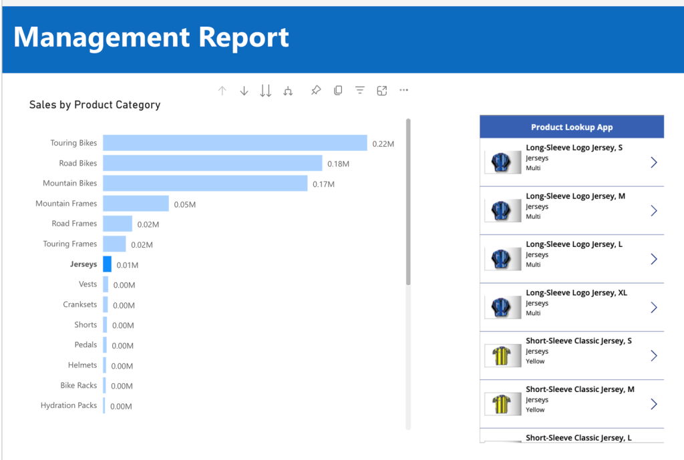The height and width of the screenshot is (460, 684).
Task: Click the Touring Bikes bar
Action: pos(234,143)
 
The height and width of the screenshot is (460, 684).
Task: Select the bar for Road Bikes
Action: pos(212,164)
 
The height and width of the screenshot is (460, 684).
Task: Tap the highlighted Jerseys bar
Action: pos(107,264)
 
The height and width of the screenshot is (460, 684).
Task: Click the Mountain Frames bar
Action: pos(136,204)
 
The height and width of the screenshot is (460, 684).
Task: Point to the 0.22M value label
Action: pos(383,144)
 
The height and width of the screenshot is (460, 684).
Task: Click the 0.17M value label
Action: pos(323,184)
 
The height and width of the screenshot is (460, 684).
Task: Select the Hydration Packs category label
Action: pos(68,406)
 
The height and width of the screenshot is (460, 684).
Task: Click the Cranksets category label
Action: pos(79,304)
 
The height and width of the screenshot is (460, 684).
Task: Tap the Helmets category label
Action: pos(82,365)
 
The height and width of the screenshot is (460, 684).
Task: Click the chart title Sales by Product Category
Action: pos(95,105)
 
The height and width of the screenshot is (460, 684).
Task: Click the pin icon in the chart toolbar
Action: pos(316,91)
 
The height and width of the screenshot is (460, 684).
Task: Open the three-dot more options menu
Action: pos(403,91)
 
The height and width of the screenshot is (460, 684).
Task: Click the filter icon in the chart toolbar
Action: pos(360,91)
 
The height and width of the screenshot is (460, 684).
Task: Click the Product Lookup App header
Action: pos(572,127)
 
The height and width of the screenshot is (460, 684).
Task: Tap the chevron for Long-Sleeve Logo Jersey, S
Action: pos(653,162)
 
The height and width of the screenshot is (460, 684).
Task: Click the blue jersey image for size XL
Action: pos(502,307)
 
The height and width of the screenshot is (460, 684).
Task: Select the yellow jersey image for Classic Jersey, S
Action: pos(502,356)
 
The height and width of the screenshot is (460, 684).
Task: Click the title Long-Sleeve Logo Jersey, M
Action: pos(575,196)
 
